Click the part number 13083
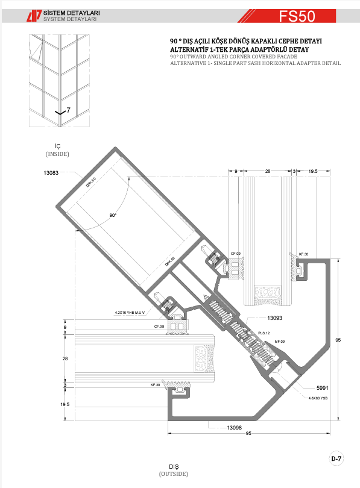click(51, 173)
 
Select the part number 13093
click(275, 317)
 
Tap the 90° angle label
click(113, 214)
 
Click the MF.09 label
click(280, 342)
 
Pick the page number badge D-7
click(336, 458)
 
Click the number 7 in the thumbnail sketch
click(69, 110)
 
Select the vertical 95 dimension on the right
click(338, 340)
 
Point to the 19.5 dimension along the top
click(312, 172)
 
